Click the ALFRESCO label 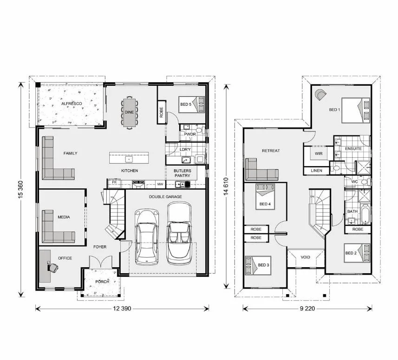[x=72, y=103]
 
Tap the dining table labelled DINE [x=129, y=112]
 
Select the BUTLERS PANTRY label [x=183, y=173]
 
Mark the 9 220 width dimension [x=307, y=308]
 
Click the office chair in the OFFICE [x=53, y=267]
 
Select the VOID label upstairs [x=305, y=257]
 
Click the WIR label [x=319, y=153]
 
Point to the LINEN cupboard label [x=316, y=171]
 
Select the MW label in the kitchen [x=160, y=184]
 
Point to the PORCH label [x=102, y=282]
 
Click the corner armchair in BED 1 [x=321, y=95]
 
